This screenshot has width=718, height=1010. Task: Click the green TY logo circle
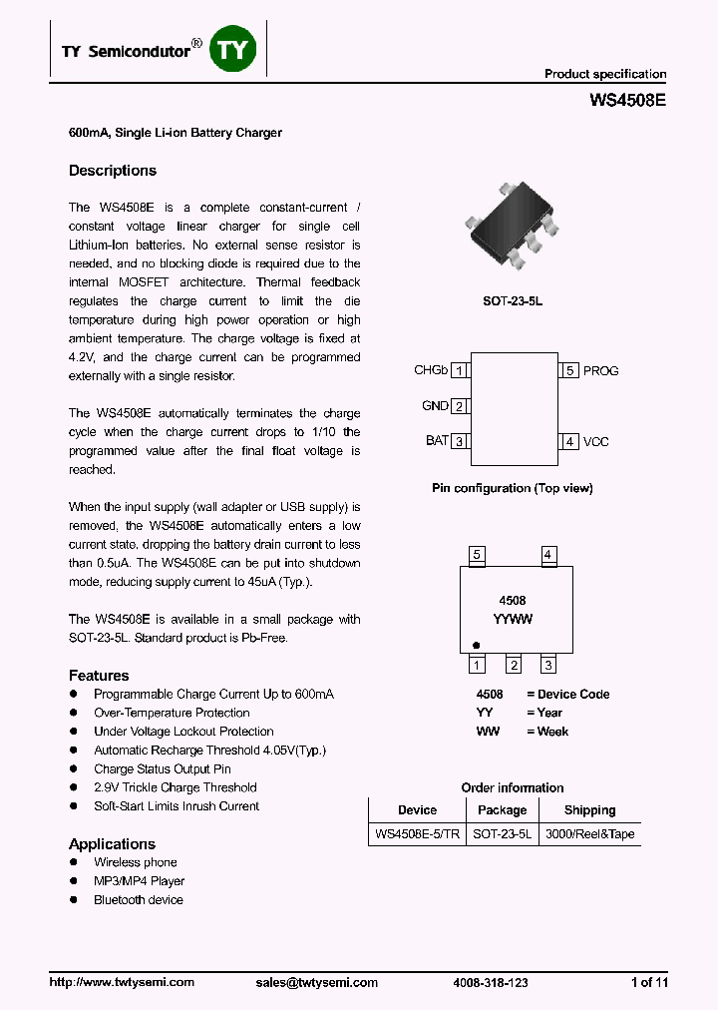232,51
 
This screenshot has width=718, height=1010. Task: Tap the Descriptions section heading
113,171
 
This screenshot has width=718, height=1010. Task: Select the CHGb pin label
431,370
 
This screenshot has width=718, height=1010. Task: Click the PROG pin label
600,370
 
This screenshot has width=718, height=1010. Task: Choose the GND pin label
435,406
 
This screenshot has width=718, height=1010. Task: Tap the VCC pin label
595,441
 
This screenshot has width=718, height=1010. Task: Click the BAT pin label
437,441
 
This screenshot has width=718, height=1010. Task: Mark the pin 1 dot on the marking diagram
476,646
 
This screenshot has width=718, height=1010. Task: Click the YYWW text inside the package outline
513,619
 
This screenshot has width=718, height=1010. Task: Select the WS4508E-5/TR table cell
417,834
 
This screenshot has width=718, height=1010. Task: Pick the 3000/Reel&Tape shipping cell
589,834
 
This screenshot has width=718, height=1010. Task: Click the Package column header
502,810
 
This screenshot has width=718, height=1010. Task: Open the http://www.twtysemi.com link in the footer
122,982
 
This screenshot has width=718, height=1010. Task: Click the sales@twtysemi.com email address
316,982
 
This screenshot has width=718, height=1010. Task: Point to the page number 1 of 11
649,982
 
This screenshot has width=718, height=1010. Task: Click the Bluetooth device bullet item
139,900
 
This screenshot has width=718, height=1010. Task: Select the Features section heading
99,676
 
